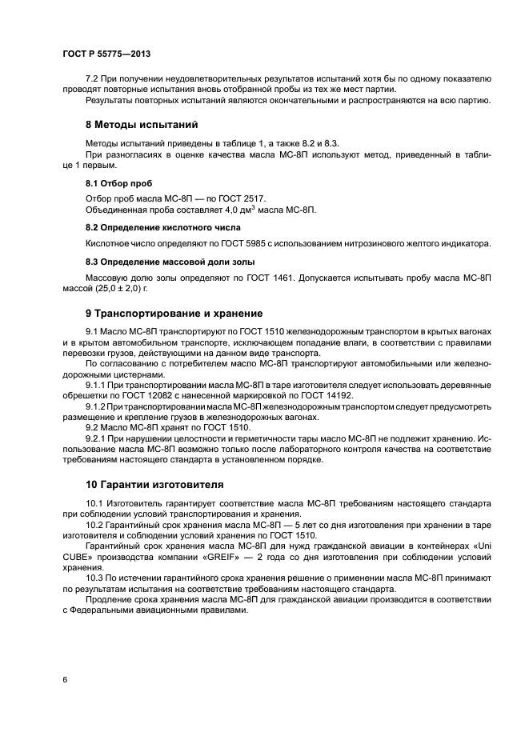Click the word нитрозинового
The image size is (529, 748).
pyautogui.click(x=378, y=243)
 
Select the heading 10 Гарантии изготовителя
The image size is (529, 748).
pyautogui.click(x=154, y=485)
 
